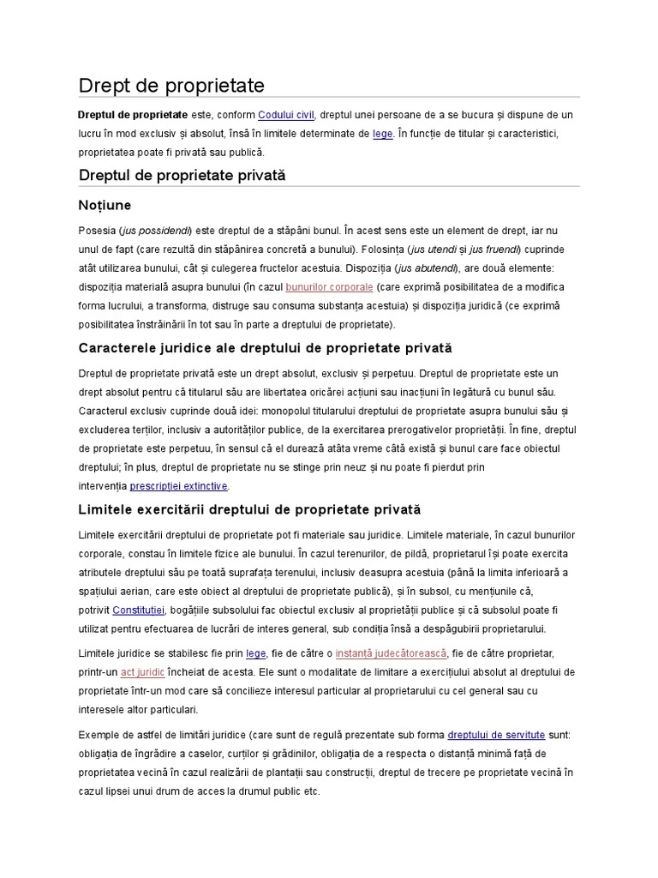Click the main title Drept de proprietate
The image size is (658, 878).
pos(171,86)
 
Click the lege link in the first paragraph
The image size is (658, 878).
pos(382,134)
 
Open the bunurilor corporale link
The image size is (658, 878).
pos(329,286)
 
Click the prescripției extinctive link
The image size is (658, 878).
pos(178,485)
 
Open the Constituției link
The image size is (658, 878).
pos(138,610)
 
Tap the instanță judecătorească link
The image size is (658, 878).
pos(391,652)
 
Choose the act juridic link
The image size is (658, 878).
pos(142,671)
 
